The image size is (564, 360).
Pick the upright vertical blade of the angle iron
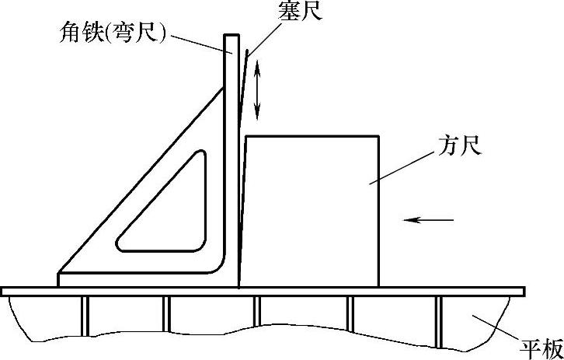coord(231,156)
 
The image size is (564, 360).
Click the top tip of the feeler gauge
coord(247,53)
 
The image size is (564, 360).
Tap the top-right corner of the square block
coord(379,137)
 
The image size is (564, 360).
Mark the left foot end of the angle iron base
coord(60,279)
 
